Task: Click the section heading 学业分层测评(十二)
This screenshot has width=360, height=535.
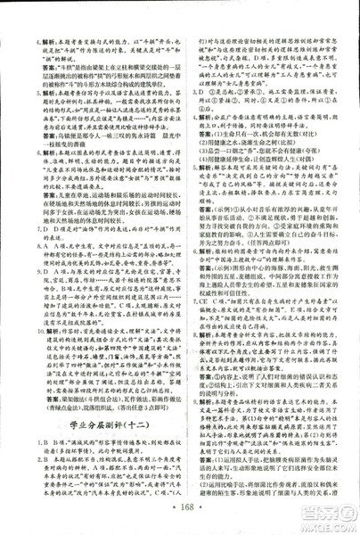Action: (91, 419)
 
